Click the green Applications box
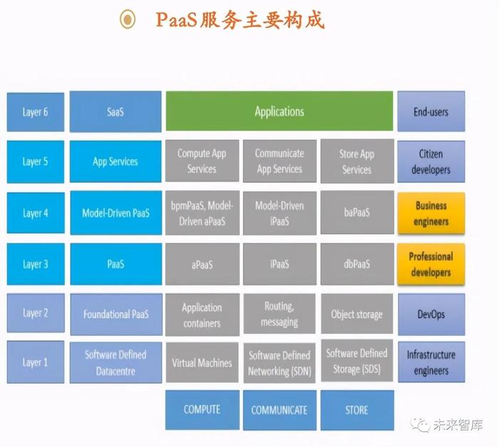[x=279, y=111]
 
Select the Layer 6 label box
[x=36, y=112]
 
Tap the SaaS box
[x=115, y=111]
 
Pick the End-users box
[x=431, y=111]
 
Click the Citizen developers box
[x=431, y=162]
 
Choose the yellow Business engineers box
[x=431, y=213]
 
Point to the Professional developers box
[x=431, y=264]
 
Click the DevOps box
[x=431, y=314]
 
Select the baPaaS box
[x=357, y=212]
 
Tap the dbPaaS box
[x=357, y=264]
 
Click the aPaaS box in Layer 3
[x=202, y=264]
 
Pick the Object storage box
[x=356, y=314]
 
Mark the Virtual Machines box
[x=202, y=362]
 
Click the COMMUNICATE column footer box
[x=279, y=410]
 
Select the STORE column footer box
[x=357, y=410]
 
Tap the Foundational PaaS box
[x=116, y=314]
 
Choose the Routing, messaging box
[x=279, y=314]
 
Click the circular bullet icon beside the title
[x=128, y=19]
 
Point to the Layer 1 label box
[x=36, y=362]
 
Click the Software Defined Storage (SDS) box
[x=356, y=361]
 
